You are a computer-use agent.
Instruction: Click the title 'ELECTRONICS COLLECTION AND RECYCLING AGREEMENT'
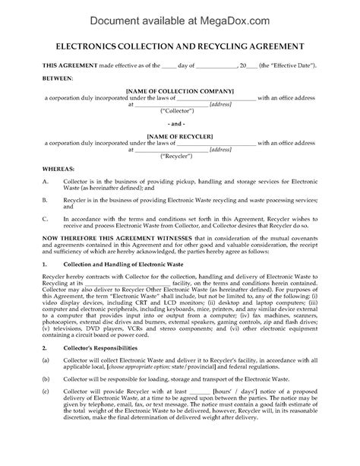[x=180, y=46]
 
